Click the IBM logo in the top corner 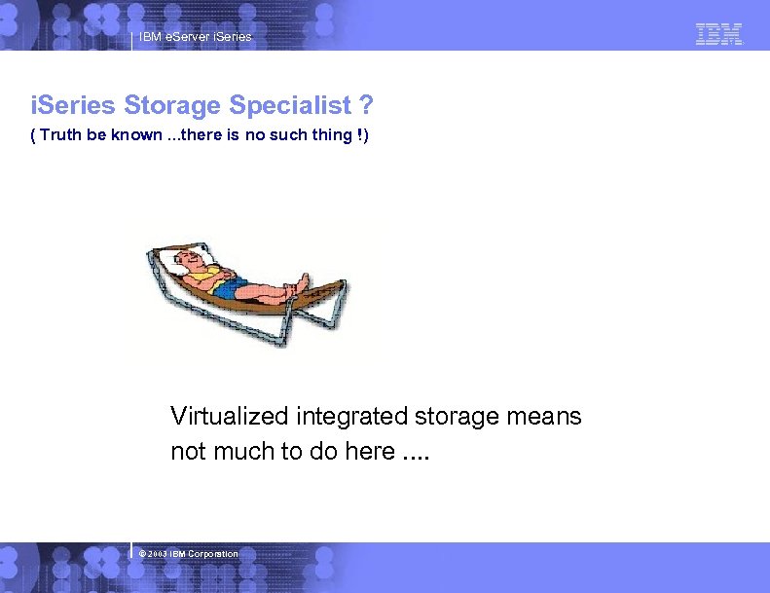pos(719,34)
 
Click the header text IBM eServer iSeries pos(195,37)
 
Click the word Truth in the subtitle pos(60,134)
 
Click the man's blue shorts pos(234,288)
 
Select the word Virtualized pos(230,417)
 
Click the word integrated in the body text pos(351,417)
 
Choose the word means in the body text pos(545,417)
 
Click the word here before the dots pos(369,452)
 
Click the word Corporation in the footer pos(213,553)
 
